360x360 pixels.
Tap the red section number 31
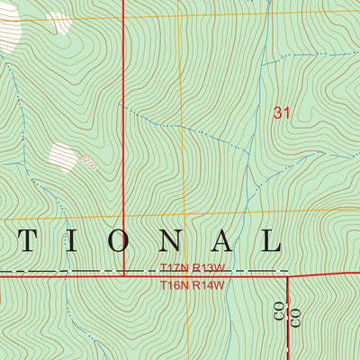coord(282,113)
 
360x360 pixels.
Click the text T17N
coord(172,268)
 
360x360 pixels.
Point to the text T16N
coord(172,285)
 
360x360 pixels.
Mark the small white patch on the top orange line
coord(59,22)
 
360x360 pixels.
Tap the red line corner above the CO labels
coord(287,277)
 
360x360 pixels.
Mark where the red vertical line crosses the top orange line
coord(123,17)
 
